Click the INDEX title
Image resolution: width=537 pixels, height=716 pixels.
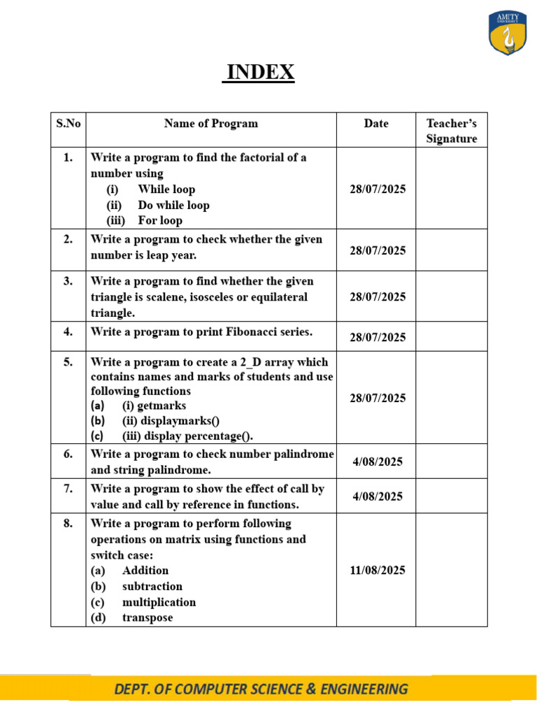259,72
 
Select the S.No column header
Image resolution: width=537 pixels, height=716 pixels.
68,124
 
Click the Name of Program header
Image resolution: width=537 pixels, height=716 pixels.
210,124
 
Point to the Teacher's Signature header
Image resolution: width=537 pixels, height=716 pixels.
451,131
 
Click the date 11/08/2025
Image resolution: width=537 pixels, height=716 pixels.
378,570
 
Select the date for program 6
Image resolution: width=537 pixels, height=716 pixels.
378,461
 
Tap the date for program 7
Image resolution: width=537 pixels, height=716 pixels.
378,496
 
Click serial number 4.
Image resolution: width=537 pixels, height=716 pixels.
68,332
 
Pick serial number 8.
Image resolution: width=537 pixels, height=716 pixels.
68,524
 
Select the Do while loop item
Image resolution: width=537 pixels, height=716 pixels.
173,205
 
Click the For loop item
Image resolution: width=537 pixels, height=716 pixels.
160,221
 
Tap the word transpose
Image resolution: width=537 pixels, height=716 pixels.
148,618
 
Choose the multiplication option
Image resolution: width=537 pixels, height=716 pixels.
159,602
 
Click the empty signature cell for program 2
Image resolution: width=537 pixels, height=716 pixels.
451,250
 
